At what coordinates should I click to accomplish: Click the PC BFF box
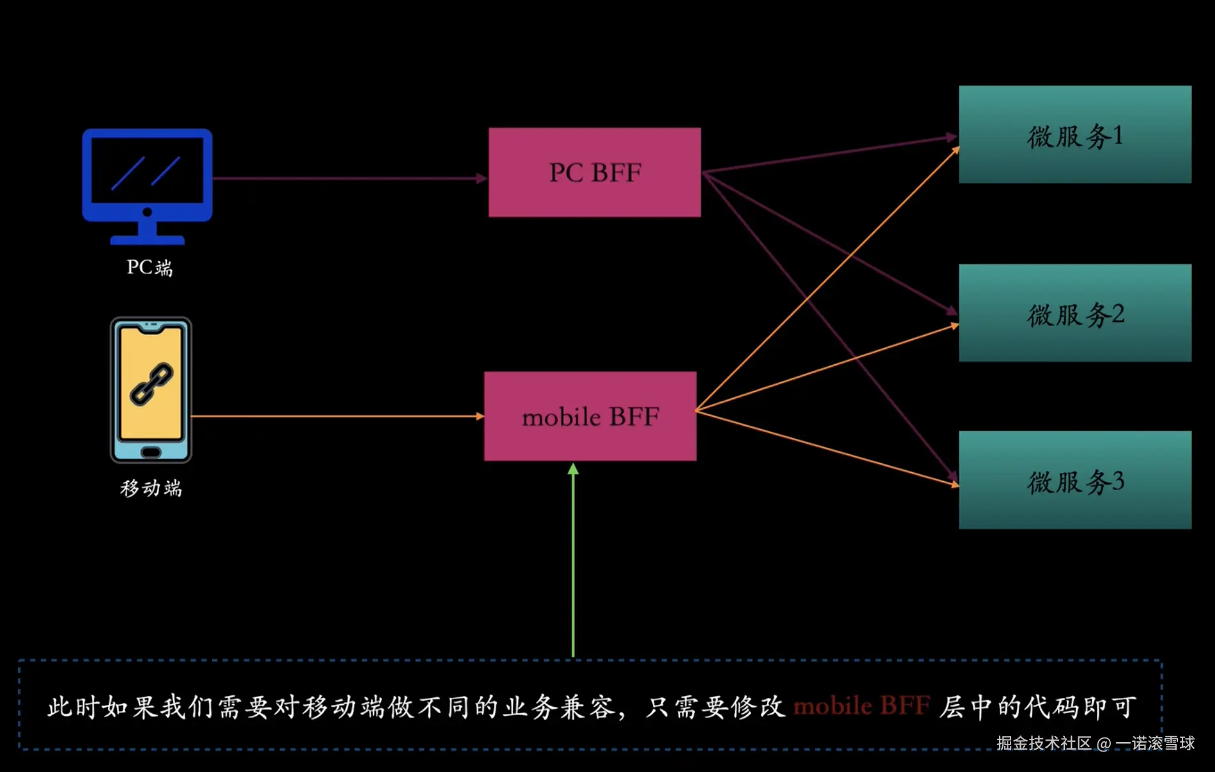pos(594,172)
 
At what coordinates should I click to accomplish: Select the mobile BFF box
pos(590,416)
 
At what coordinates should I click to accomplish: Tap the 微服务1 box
pos(1074,135)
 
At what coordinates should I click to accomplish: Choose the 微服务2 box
pos(1074,313)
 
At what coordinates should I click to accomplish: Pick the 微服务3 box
pos(1074,480)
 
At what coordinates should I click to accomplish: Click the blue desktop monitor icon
pos(147,185)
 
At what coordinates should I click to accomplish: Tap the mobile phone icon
pos(151,390)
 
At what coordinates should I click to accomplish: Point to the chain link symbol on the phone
pos(151,384)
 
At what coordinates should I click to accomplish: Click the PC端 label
pos(149,267)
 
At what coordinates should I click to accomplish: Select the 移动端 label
pos(151,488)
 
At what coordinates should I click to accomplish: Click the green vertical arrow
pos(573,562)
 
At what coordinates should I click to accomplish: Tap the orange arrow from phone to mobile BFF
pos(335,416)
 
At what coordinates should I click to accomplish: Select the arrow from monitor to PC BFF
pos(348,178)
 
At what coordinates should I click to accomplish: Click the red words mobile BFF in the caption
pos(861,706)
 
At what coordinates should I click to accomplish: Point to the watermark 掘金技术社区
pos(1044,743)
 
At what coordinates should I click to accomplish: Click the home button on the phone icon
pos(151,452)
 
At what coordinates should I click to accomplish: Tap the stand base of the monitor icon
pos(147,240)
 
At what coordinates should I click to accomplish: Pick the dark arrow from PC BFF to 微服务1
pos(830,154)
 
